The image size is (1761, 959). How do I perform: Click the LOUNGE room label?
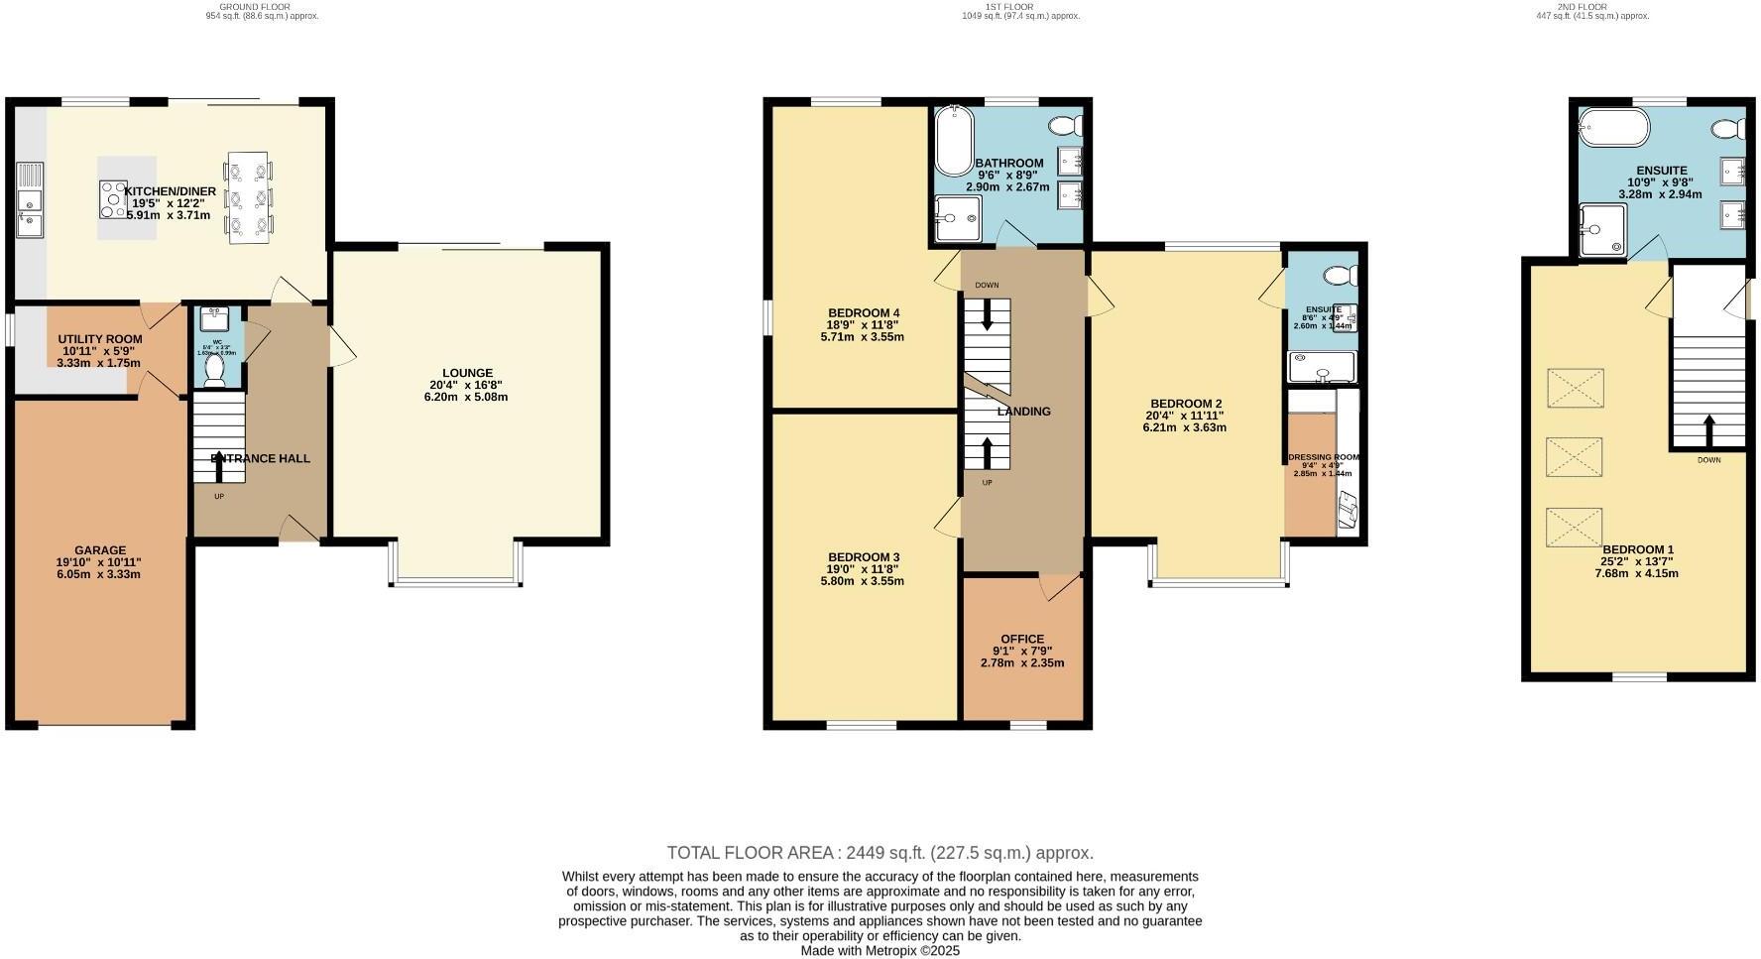click(x=467, y=374)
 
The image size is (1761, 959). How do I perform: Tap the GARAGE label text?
click(x=100, y=550)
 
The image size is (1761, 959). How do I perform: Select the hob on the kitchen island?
click(x=113, y=199)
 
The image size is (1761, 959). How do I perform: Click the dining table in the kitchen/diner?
click(x=249, y=197)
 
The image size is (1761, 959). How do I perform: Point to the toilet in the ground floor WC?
click(x=214, y=371)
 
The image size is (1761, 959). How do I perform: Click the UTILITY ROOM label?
click(x=100, y=339)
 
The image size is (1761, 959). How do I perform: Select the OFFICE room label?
click(x=1022, y=640)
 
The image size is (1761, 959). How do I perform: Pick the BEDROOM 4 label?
click(x=864, y=313)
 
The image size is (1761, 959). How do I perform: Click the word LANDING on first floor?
click(x=1024, y=412)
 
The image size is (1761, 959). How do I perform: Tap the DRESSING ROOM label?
click(x=1324, y=458)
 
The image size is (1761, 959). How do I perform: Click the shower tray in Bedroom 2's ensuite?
click(x=1321, y=368)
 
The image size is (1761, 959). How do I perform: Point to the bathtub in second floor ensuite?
click(x=1614, y=127)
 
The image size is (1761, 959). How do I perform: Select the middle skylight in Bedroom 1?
click(x=1575, y=457)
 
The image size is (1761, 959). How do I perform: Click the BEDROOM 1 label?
click(x=1638, y=550)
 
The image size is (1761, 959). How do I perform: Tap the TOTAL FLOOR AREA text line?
click(x=880, y=853)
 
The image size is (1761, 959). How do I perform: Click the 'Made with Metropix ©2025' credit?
click(x=880, y=950)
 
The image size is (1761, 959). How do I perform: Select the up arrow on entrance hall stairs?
click(x=219, y=461)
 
